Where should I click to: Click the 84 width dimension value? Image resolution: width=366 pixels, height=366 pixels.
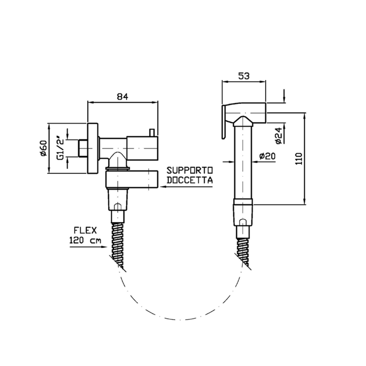pos(122,97)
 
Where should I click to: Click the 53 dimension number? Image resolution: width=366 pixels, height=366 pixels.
pos(244,76)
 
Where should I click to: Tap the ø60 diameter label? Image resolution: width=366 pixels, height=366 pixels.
pos(44,148)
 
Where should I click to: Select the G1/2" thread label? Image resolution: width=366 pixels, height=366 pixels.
pos(60,148)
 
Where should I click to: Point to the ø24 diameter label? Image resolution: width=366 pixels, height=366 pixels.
pos(279,136)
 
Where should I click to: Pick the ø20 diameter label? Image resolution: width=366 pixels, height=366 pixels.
pos(267,156)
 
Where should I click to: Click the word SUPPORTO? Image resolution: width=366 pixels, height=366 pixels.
pos(189,170)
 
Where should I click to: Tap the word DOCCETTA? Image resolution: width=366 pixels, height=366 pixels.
pos(189,180)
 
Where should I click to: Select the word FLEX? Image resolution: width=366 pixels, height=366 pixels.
pos(85,230)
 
